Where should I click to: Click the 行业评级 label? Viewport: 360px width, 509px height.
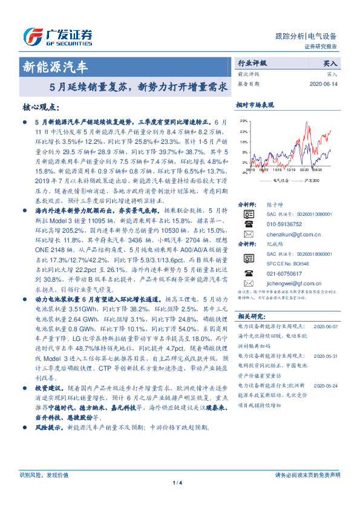click(252, 63)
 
